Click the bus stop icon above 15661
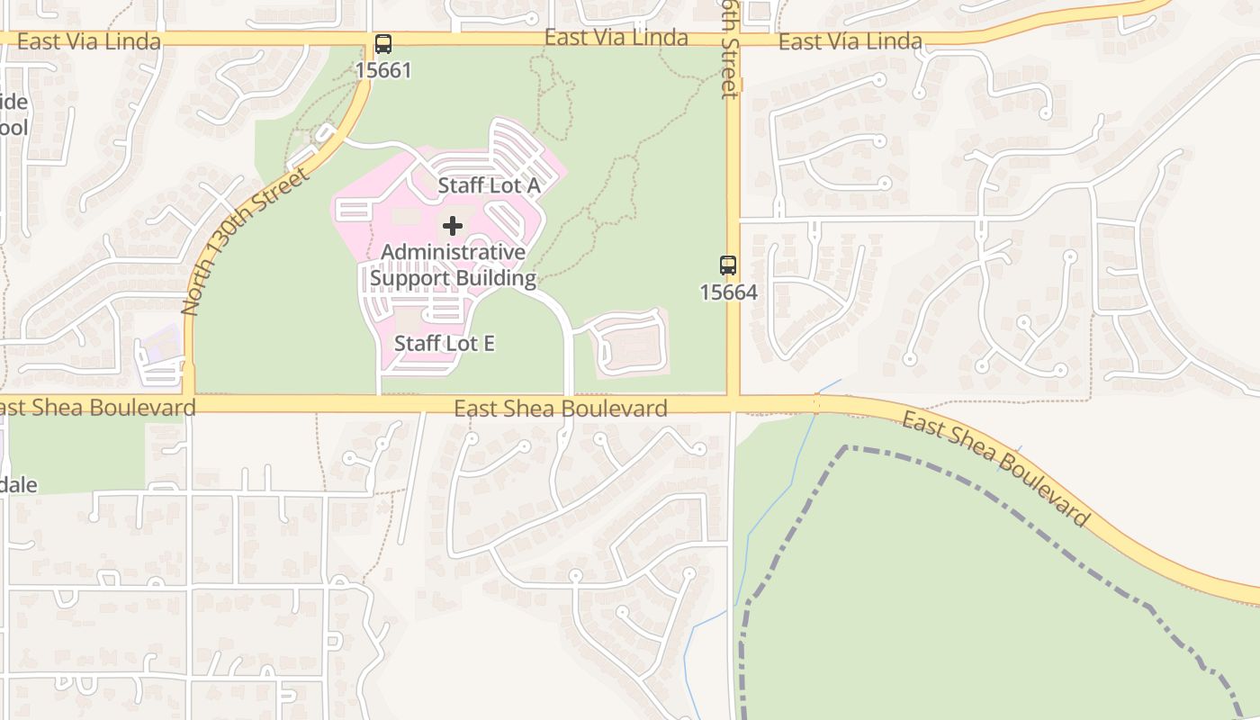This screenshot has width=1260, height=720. pos(383,43)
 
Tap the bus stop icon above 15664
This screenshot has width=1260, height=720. pos(728,265)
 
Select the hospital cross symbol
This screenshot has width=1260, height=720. pos(453,225)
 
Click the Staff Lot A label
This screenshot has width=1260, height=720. pos(489,185)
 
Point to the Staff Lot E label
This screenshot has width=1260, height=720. pos(445,343)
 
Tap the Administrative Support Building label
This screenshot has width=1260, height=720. pos(454,265)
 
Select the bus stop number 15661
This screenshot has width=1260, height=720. pos(383,70)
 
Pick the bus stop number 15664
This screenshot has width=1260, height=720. pos(728,292)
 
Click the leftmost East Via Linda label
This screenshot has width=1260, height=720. pos(88,41)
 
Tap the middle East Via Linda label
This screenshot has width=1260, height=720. pos(616,38)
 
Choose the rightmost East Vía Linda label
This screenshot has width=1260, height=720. pos(850,41)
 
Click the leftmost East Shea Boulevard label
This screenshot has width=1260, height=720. pos(96,408)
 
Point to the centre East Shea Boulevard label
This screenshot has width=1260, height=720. pos(561,409)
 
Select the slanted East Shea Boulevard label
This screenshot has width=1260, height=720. pos(996,469)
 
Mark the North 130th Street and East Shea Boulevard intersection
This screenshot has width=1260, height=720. pos(189,401)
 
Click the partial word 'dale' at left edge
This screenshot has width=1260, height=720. pos(18,485)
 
